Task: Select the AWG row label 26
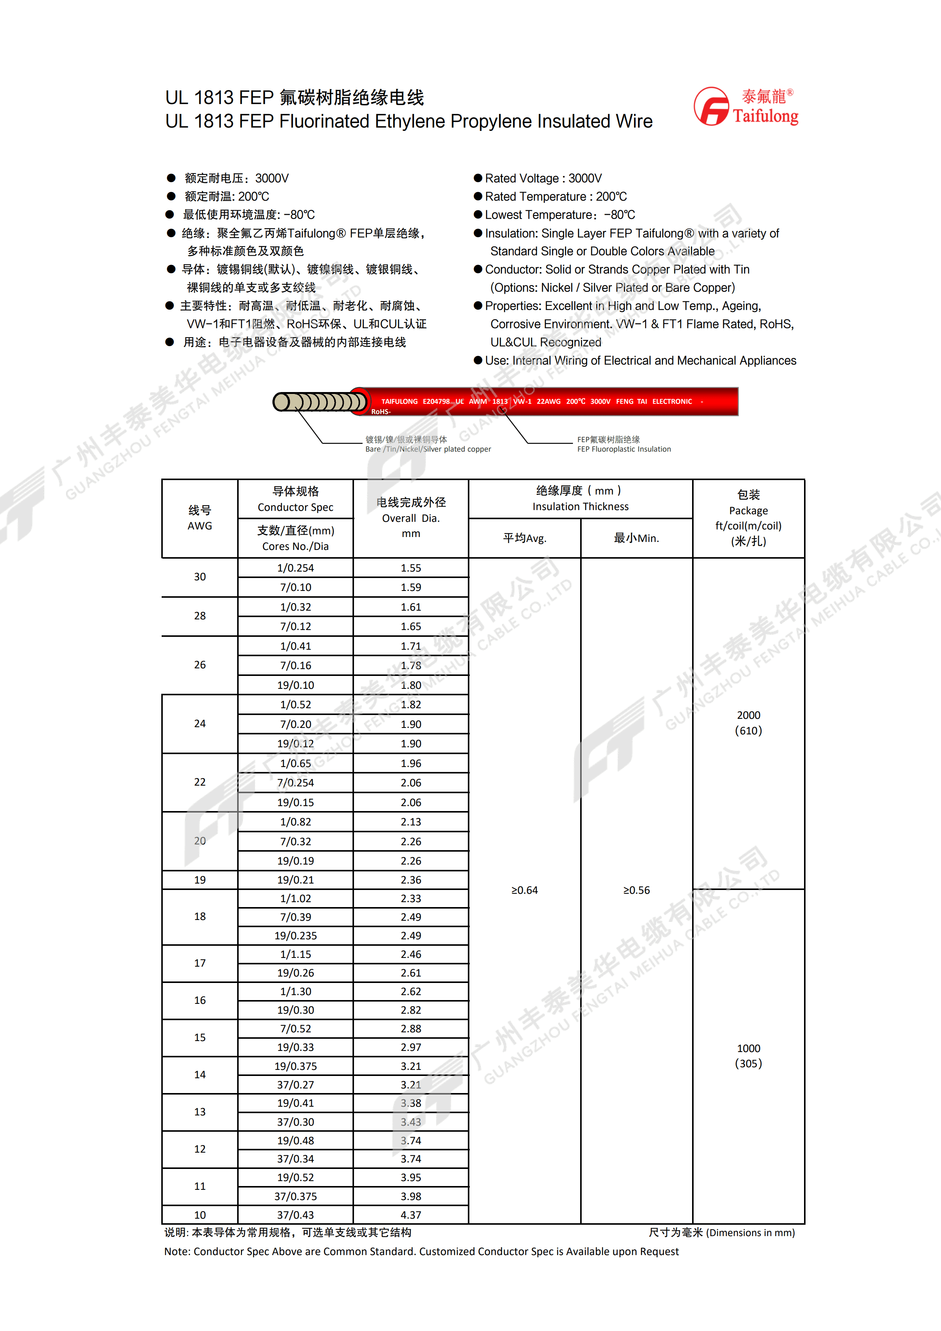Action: (200, 665)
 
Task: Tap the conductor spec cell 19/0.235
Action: (296, 936)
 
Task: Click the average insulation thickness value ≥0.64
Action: (524, 890)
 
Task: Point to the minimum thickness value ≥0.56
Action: (636, 890)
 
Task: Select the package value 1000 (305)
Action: (748, 1055)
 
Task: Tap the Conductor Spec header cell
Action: (296, 499)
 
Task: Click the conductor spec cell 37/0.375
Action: (296, 1196)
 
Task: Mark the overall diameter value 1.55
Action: (411, 568)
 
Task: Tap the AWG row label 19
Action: (200, 880)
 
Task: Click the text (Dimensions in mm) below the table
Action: (751, 1232)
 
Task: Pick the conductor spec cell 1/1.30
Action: (296, 991)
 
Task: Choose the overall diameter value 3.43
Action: (411, 1122)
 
